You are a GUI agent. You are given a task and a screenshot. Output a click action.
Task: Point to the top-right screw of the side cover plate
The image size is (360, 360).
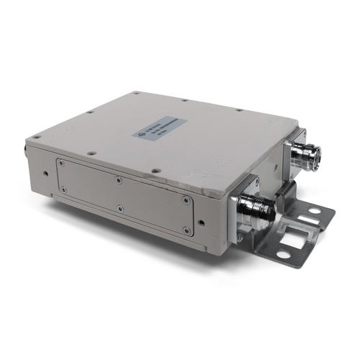click(x=187, y=201)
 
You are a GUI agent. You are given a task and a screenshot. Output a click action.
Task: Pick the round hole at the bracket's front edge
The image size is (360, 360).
click(x=282, y=253)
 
